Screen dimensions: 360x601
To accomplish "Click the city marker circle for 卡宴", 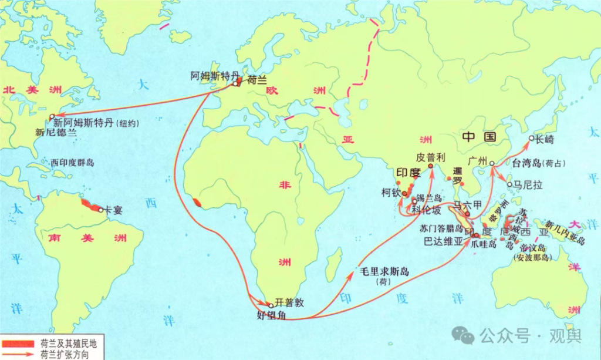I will [x=101, y=210].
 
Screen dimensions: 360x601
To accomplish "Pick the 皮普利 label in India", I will [x=431, y=157].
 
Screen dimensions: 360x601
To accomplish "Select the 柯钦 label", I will [x=390, y=191].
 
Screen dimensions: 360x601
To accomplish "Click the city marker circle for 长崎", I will [x=531, y=139].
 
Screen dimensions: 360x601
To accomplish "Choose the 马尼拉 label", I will [x=525, y=184].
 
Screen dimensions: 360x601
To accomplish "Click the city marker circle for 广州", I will [x=492, y=164].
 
